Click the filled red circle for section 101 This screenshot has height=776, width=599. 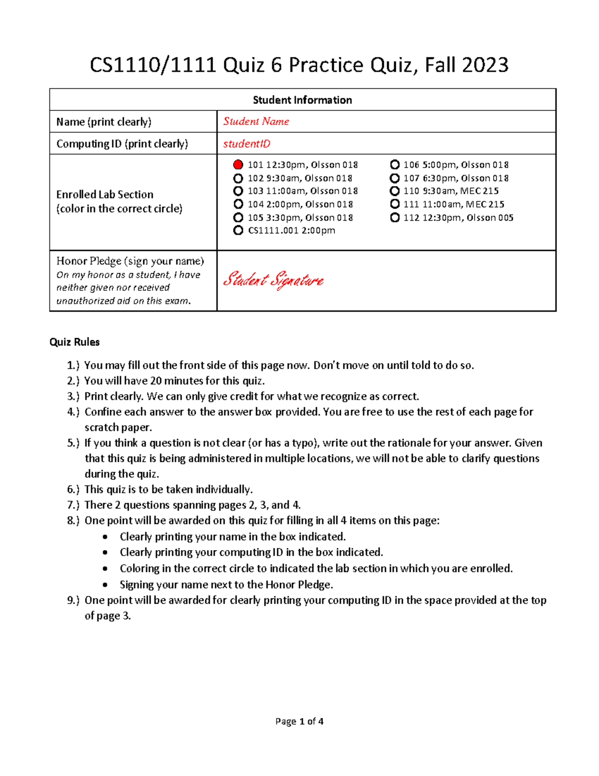pyautogui.click(x=238, y=165)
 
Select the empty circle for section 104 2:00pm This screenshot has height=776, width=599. pyautogui.click(x=238, y=204)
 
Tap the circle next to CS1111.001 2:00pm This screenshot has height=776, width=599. pyautogui.click(x=238, y=230)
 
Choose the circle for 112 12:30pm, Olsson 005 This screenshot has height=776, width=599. pyautogui.click(x=395, y=217)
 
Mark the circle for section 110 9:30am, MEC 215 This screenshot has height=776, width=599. pyautogui.click(x=395, y=191)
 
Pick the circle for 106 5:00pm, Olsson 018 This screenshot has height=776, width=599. pyautogui.click(x=395, y=165)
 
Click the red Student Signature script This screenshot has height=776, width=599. pyautogui.click(x=273, y=280)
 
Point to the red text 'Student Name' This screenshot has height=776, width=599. pyautogui.click(x=256, y=121)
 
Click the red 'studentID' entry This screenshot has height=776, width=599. pyautogui.click(x=247, y=144)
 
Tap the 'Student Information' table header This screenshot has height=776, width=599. pyautogui.click(x=302, y=100)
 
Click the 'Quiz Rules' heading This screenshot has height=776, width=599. pyautogui.click(x=74, y=342)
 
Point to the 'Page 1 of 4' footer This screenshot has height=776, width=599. pyautogui.click(x=299, y=722)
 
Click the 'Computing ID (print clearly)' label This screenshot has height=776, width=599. pyautogui.click(x=122, y=144)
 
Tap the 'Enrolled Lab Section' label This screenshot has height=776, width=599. pyautogui.click(x=105, y=194)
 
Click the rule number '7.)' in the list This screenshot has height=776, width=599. pyautogui.click(x=73, y=505)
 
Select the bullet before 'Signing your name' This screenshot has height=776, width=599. pyautogui.click(x=105, y=585)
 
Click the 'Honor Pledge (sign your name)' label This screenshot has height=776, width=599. pyautogui.click(x=130, y=261)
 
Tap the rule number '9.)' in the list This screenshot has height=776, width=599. pyautogui.click(x=73, y=600)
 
